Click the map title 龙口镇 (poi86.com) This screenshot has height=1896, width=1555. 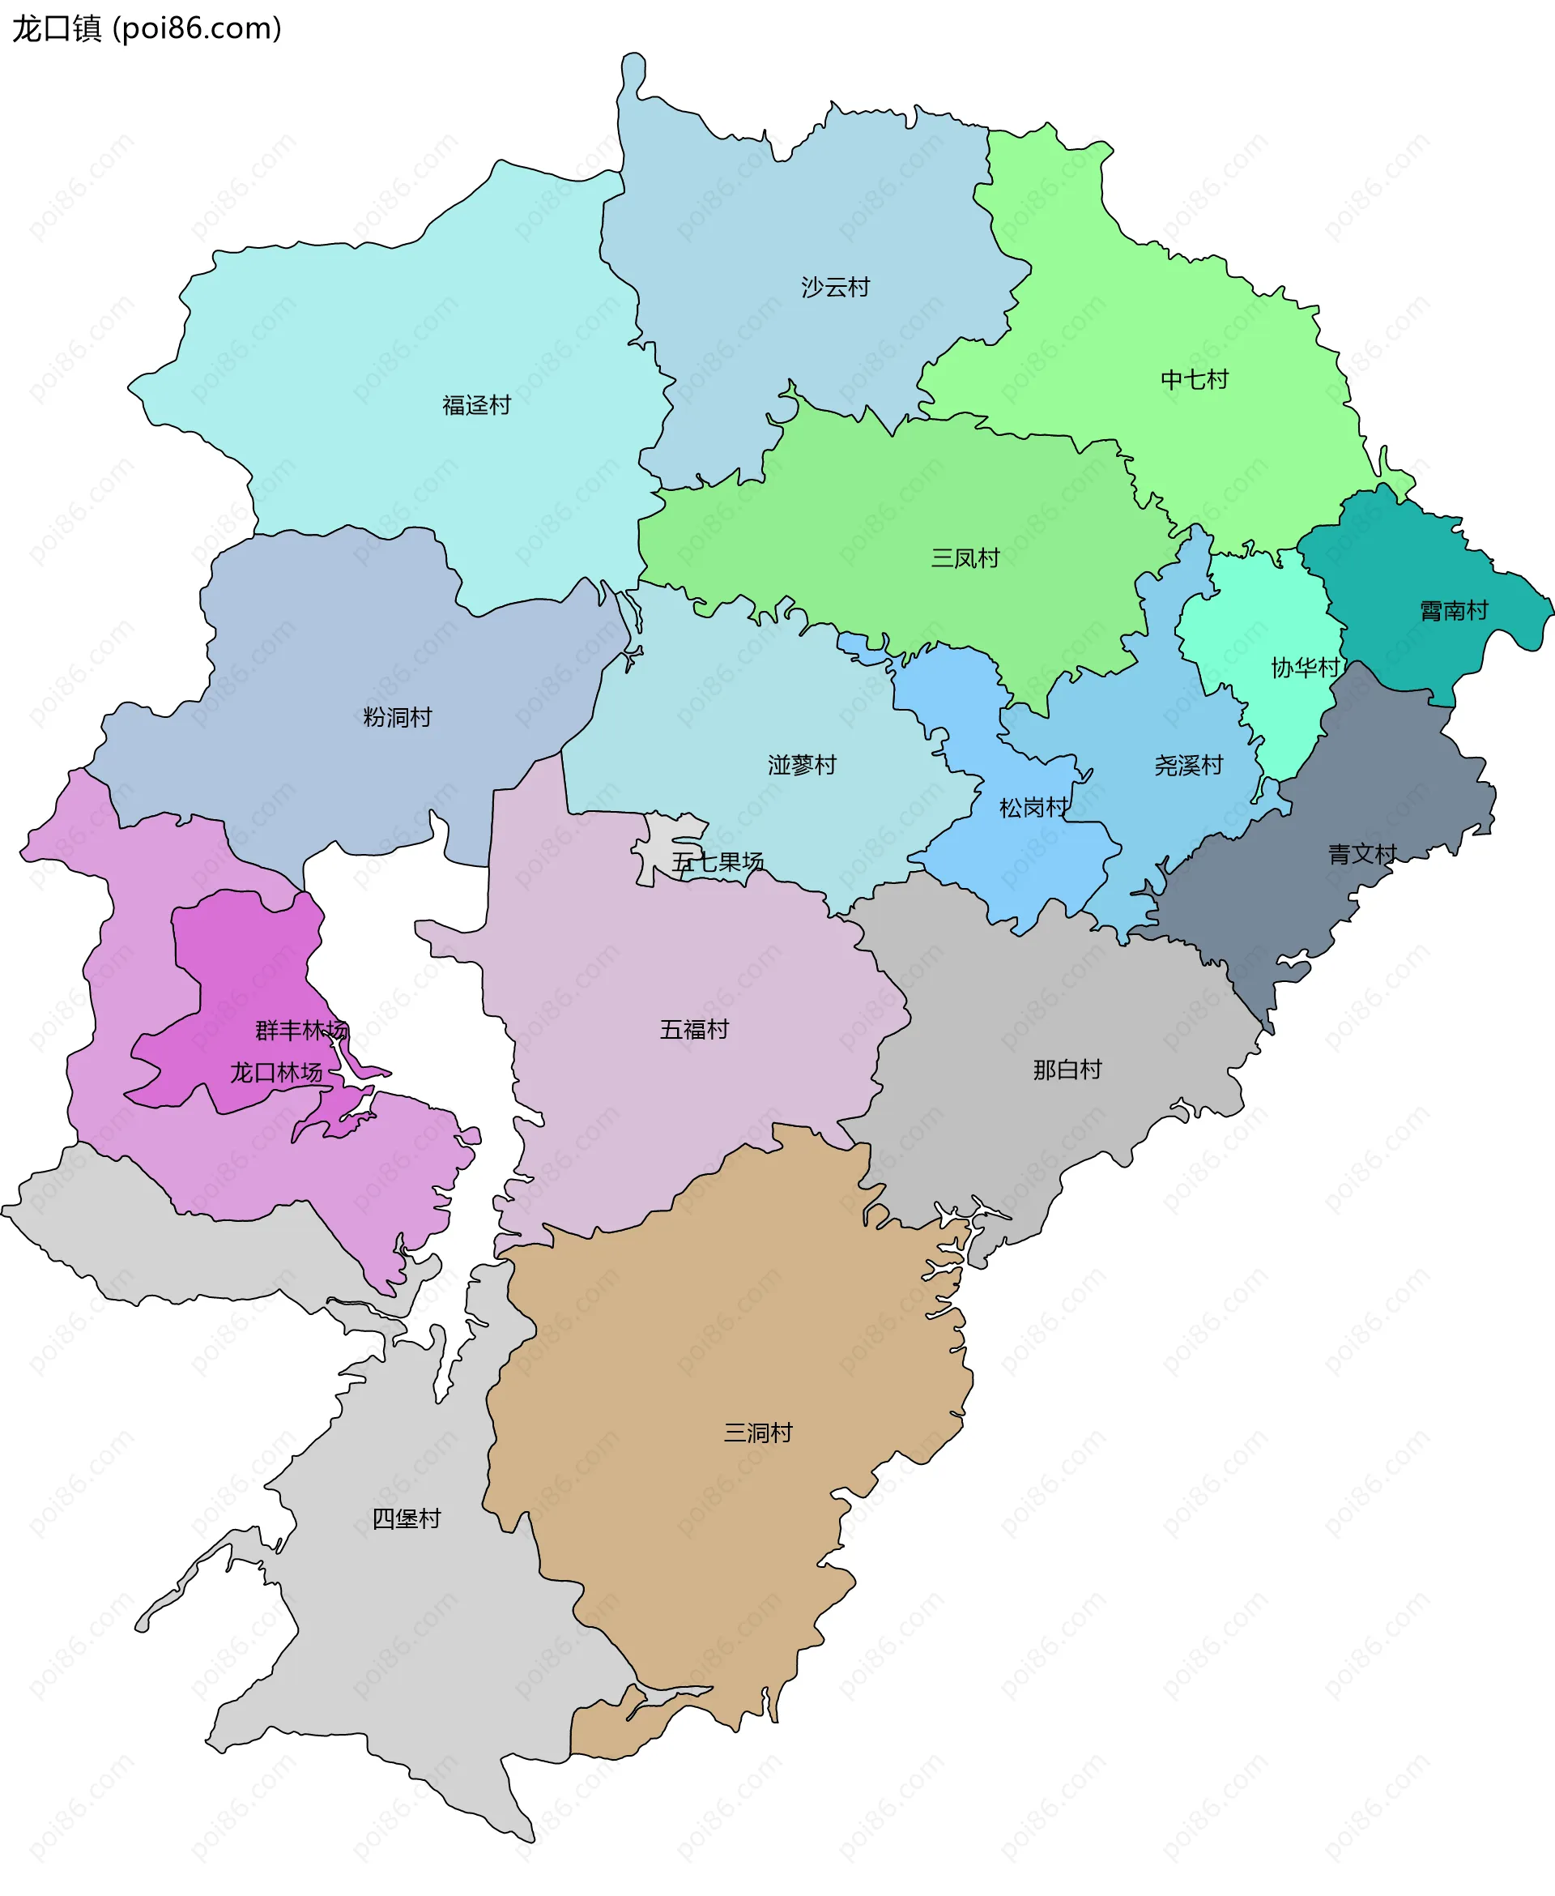coord(147,28)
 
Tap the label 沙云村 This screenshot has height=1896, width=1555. coord(835,288)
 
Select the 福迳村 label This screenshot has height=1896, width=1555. coord(475,406)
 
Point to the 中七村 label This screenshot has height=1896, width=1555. coord(1194,380)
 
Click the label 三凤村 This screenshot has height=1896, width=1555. coord(965,558)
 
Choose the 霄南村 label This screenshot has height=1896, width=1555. coord(1453,611)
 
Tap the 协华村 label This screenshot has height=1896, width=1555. coord(1304,668)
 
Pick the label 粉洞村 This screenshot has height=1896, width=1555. coord(397,718)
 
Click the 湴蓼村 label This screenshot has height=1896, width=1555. coord(802,765)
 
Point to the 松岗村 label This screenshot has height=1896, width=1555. coord(1033,808)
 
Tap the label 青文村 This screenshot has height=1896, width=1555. coord(1361,855)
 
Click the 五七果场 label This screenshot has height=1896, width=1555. coord(718,862)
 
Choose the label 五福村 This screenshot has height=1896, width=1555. coord(694,1030)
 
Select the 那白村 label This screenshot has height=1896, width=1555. coord(1067,1070)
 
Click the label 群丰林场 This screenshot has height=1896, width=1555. coord(301,1031)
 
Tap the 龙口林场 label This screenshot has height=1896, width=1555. coord(276,1073)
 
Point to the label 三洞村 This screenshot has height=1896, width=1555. coord(758,1433)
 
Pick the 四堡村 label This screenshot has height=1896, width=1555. coord(407,1518)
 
